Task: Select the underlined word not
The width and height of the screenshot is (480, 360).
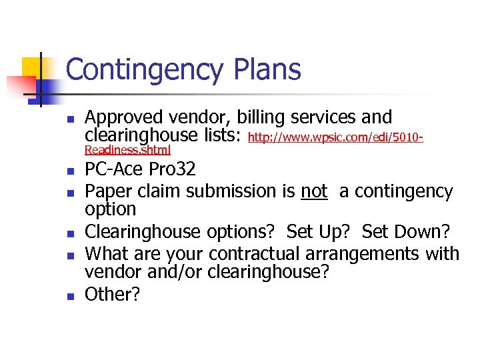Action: click(x=314, y=192)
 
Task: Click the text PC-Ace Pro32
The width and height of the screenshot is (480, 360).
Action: click(x=140, y=168)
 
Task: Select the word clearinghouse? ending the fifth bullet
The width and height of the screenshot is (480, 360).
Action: click(x=269, y=273)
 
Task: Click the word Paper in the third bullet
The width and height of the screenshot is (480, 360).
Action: click(x=108, y=192)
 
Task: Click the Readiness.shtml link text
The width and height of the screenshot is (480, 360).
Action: click(x=127, y=150)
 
